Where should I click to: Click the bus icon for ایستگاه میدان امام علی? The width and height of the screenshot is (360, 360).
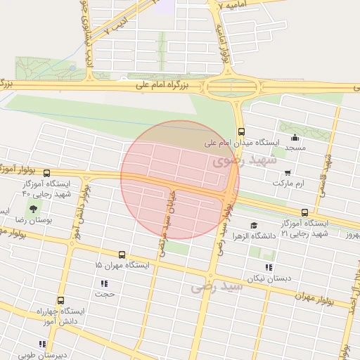(x=241, y=131)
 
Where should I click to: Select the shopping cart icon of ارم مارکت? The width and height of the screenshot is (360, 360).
(x=287, y=172)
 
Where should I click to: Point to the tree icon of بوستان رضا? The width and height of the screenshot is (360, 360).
(x=33, y=209)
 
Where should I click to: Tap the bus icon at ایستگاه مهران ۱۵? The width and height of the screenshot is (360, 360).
(x=122, y=255)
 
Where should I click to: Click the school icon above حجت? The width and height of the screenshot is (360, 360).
(x=104, y=283)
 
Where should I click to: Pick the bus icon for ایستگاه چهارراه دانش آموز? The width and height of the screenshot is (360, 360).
(x=60, y=300)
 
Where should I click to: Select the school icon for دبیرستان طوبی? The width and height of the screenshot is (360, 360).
(x=42, y=344)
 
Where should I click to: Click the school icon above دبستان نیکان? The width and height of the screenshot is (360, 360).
(x=268, y=267)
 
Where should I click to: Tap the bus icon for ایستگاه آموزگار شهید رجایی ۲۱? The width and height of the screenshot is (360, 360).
(x=304, y=212)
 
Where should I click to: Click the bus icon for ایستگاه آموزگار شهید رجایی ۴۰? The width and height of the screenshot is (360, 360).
(x=46, y=173)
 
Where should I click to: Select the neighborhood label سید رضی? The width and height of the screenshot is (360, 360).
(x=210, y=287)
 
